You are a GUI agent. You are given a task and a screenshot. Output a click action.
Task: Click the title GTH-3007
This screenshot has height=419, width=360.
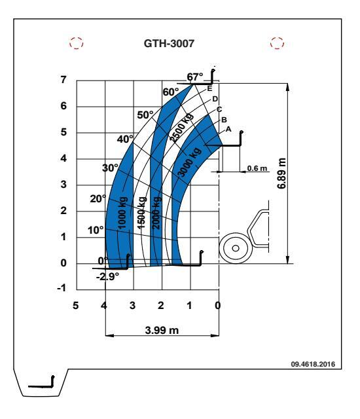169,43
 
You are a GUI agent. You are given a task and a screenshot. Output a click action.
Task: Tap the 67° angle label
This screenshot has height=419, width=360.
194,77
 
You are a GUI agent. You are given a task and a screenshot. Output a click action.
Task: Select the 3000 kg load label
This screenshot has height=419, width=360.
189,162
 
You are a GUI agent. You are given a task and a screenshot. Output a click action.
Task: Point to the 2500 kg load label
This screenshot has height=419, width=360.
181,128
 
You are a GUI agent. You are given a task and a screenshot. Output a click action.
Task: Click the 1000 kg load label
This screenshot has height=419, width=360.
122,213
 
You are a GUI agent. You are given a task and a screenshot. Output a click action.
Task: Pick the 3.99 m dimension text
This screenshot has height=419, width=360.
162,330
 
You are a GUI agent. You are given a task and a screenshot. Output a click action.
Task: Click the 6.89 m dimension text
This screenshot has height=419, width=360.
281,173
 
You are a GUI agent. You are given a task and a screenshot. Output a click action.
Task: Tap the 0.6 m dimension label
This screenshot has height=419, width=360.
257,168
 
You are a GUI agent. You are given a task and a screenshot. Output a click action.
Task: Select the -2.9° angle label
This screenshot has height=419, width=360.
107,276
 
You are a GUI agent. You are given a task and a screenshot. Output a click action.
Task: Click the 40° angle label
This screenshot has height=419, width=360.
125,139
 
